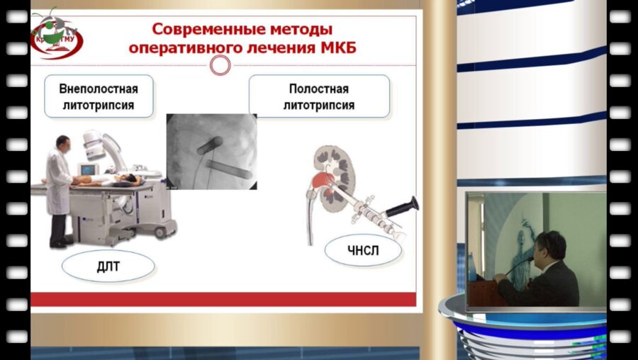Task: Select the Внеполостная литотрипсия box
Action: (99, 98)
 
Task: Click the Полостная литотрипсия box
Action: (319, 98)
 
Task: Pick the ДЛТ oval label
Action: (108, 267)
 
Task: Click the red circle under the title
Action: (221, 65)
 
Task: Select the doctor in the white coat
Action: (59, 188)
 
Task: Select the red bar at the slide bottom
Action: (222, 300)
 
